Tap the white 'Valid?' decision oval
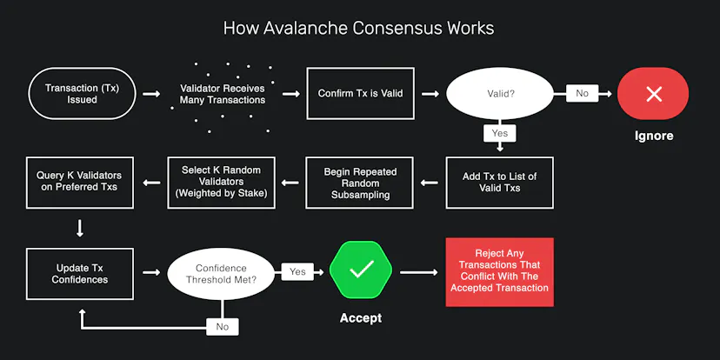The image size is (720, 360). coord(500,93)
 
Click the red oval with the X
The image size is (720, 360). coord(653,94)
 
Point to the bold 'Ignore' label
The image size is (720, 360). coord(654,136)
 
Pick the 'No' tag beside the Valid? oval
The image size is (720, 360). coord(582,93)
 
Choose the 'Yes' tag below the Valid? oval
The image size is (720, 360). coord(500,133)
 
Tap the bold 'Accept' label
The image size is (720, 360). coord(361,317)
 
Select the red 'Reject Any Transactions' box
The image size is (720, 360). coord(500,272)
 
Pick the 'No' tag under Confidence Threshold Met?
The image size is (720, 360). coord(223,327)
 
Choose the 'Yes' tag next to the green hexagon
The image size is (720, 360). coord(297,271)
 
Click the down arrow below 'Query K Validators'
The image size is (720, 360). coord(80,228)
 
